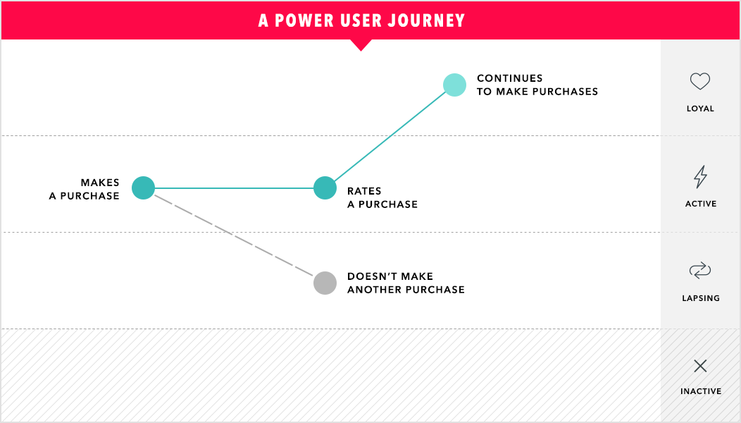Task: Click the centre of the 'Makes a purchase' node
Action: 143,188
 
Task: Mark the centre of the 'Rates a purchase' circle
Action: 325,188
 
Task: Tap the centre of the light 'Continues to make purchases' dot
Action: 454,85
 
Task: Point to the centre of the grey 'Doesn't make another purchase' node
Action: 325,283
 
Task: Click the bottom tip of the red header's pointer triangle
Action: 361,51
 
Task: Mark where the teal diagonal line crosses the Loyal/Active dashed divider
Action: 392,136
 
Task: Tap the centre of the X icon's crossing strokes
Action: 700,366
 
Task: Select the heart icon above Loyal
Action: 700,81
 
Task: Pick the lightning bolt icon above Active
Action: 700,177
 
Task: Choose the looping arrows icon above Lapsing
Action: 700,270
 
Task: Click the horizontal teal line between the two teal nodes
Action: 234,188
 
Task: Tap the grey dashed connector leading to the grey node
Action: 233,235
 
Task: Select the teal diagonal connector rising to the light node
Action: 390,137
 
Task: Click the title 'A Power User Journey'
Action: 361,20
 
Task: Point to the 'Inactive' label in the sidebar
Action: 701,391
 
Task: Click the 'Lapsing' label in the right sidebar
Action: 701,298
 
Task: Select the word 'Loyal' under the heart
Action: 700,109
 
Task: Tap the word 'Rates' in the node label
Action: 364,191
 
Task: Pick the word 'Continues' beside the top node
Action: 510,78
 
